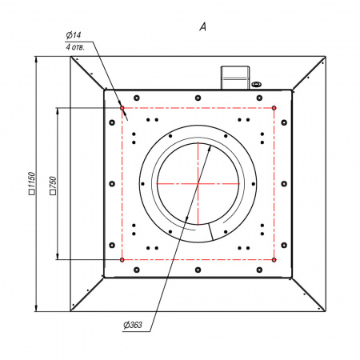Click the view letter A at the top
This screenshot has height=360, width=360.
(x=203, y=26)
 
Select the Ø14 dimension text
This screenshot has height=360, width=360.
(x=74, y=35)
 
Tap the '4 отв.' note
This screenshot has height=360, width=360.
(x=75, y=47)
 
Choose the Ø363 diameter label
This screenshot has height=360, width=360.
(x=133, y=325)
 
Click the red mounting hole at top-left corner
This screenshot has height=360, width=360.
(x=122, y=108)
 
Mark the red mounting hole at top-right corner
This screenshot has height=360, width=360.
(x=274, y=108)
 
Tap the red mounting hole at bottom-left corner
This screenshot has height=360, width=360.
(x=122, y=259)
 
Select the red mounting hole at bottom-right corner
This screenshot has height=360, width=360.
(x=274, y=259)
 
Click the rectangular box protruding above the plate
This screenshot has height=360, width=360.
(x=235, y=78)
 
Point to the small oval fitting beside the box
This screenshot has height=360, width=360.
(x=256, y=85)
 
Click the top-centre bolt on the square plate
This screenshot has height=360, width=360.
(x=198, y=98)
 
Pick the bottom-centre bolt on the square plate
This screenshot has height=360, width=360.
(x=198, y=270)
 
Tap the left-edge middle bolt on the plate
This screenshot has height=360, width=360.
(x=112, y=184)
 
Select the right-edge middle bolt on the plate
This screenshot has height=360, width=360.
(x=284, y=184)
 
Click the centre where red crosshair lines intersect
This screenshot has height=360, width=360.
(x=198, y=184)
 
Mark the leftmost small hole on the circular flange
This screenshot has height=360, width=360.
(x=142, y=184)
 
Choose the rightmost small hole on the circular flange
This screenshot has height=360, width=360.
(x=253, y=184)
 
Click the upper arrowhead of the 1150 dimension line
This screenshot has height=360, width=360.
(x=37, y=60)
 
